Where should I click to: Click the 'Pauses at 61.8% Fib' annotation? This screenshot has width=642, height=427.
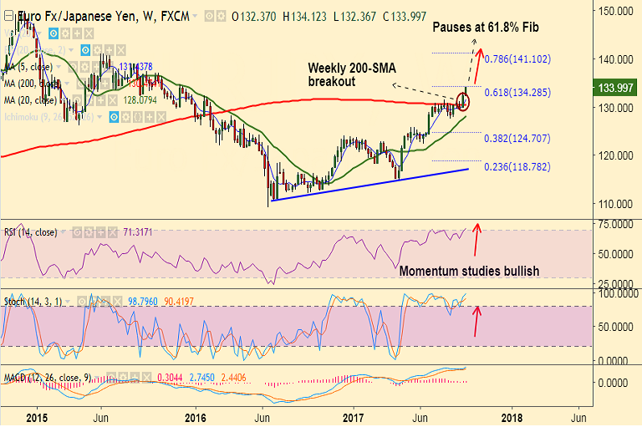[x=485, y=28]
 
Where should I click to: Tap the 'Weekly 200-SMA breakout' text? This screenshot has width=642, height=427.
[x=344, y=74]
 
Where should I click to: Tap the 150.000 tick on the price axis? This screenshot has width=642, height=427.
[x=615, y=11]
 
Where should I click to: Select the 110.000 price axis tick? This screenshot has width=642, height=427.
[x=615, y=203]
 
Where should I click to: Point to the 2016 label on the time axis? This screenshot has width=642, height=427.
[x=196, y=416]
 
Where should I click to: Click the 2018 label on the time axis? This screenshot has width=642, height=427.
[x=512, y=416]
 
